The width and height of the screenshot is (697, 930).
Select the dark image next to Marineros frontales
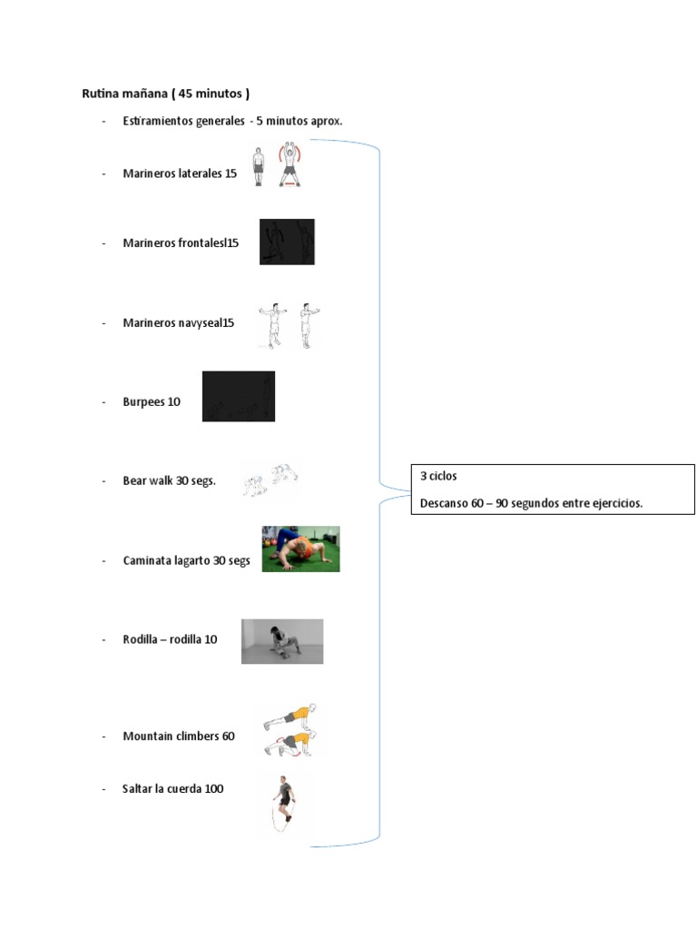(287, 242)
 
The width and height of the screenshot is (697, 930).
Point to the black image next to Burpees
(238, 396)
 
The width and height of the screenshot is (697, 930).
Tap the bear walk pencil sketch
(270, 479)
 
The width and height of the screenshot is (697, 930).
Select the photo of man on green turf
(300, 549)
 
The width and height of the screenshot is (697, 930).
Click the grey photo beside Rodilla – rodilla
(281, 641)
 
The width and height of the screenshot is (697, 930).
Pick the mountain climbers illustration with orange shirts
(291, 729)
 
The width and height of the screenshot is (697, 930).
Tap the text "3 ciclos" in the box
(438, 476)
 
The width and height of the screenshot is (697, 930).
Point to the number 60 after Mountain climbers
(228, 736)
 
